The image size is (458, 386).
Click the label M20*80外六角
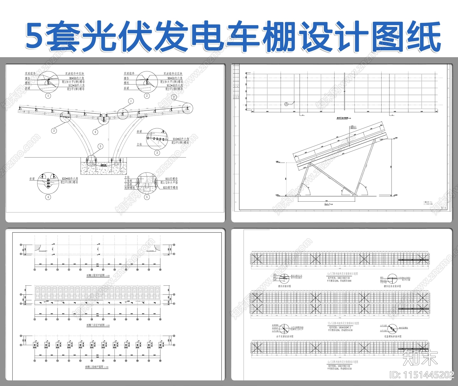pos(70,179)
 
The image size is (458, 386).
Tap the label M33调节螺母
pos(170,188)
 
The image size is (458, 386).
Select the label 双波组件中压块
pos(74,74)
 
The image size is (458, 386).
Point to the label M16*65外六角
pos(181,139)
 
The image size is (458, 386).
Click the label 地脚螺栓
pos(129,188)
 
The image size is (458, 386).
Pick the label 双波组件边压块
pos(173,74)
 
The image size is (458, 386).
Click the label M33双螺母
pos(171,179)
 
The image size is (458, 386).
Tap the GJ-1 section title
pos(328,204)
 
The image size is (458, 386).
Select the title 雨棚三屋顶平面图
pos(96,276)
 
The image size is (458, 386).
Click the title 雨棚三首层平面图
pos(96,325)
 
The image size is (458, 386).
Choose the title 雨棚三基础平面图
pos(95,367)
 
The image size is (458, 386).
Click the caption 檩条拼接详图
pos(284,286)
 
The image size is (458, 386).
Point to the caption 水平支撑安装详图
pos(285,337)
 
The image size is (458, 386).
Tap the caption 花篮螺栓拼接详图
pos(392,337)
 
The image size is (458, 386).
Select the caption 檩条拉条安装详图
pos(392,286)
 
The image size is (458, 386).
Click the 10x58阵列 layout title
pos(343,323)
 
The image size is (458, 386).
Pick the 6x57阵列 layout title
pos(342,274)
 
